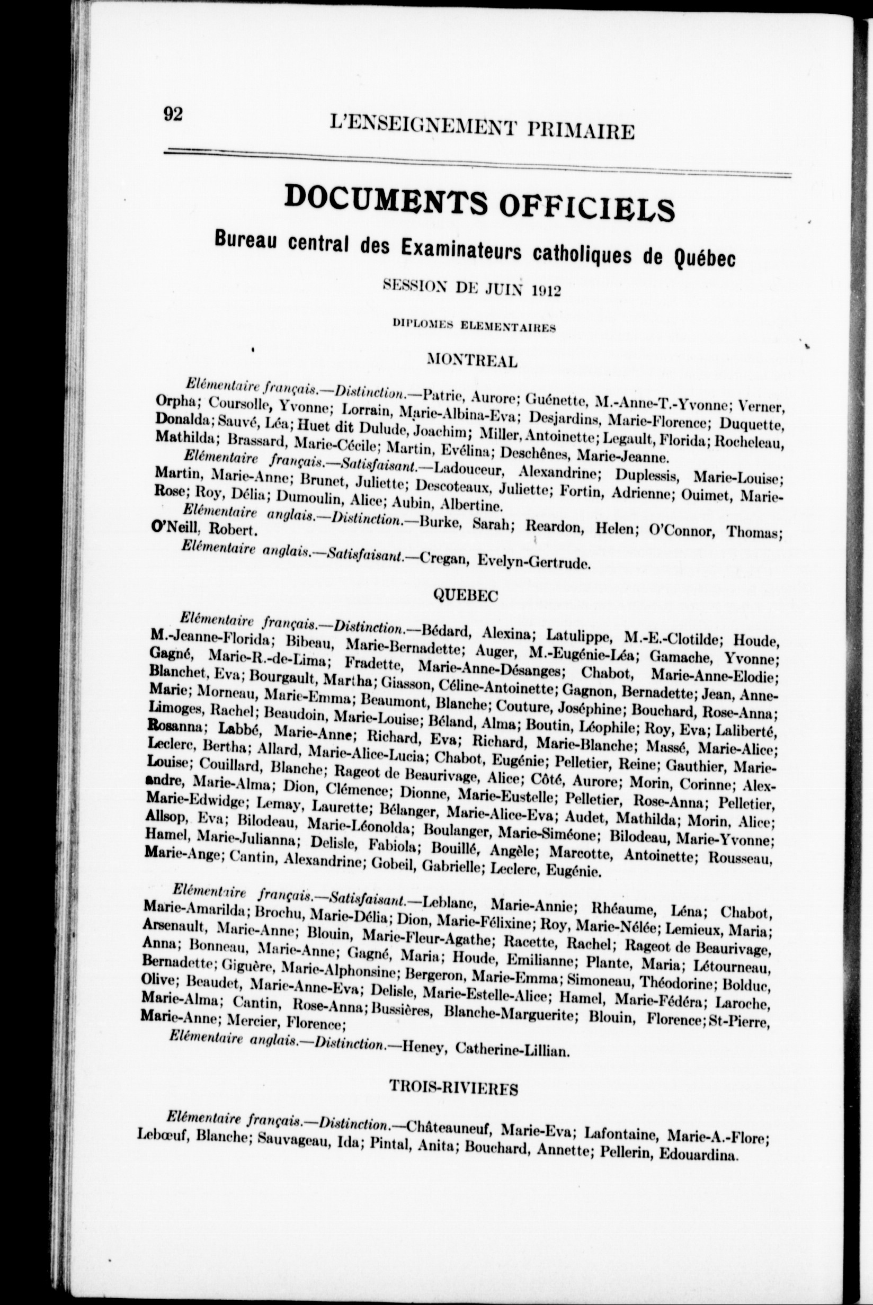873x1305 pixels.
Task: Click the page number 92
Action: pyautogui.click(x=173, y=114)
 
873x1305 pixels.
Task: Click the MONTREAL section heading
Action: pyautogui.click(x=472, y=361)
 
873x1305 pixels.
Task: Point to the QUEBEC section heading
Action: pyautogui.click(x=466, y=596)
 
